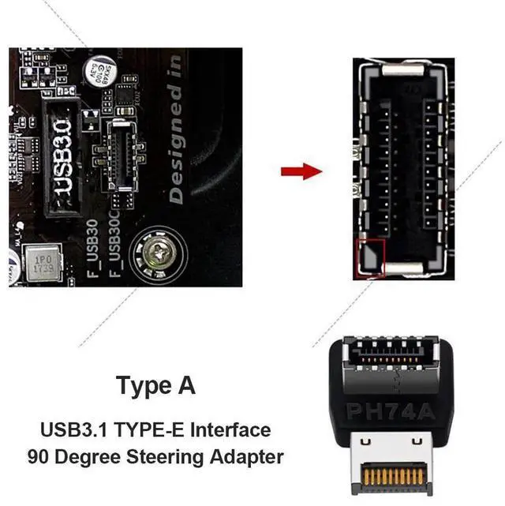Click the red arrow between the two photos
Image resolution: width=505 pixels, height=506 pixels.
click(301, 171)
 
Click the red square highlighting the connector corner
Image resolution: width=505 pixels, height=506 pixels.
click(371, 256)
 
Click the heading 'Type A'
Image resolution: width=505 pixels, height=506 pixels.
click(155, 387)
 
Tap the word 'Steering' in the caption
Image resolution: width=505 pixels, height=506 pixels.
click(181, 456)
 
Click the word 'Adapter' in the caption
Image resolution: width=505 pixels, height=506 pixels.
click(250, 456)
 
